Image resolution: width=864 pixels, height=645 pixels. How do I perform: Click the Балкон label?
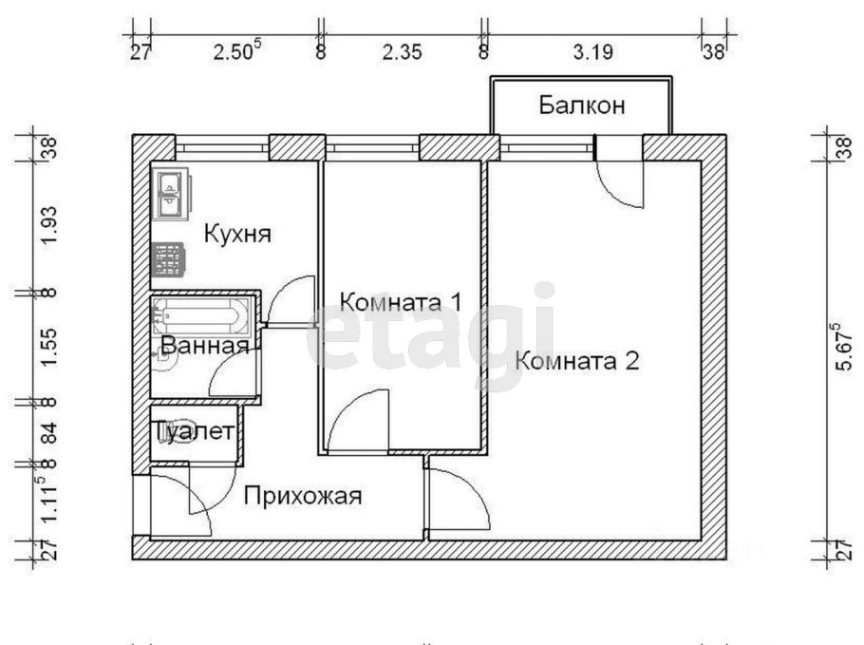(x=582, y=104)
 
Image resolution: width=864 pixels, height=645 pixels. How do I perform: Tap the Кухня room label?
(x=238, y=233)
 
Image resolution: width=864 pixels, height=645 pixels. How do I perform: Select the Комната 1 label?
(x=400, y=303)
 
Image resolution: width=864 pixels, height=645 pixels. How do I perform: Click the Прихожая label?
(x=304, y=495)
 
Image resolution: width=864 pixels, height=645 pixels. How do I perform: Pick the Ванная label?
(x=205, y=346)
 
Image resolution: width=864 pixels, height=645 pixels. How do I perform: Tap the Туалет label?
(x=195, y=432)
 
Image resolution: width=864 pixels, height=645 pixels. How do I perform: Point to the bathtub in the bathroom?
(x=202, y=313)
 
